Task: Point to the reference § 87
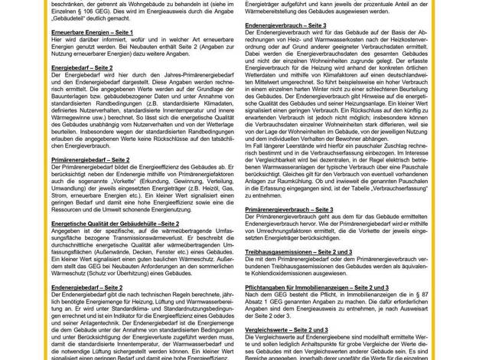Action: click(x=454, y=293)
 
